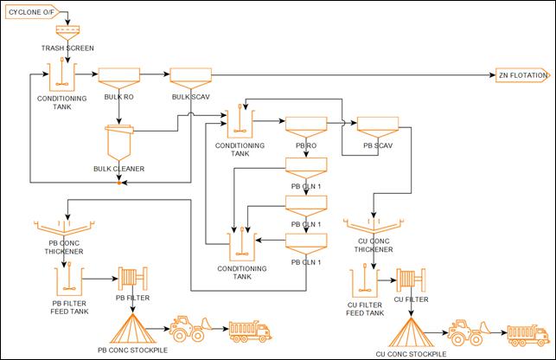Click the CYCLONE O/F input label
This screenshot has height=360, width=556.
pos(35,14)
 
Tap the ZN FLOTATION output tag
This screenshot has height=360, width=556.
pos(521,76)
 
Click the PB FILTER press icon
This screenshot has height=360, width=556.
pos(133,280)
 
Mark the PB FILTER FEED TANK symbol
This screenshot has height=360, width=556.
pos(65,279)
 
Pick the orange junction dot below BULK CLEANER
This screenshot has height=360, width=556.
pos(119,182)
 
